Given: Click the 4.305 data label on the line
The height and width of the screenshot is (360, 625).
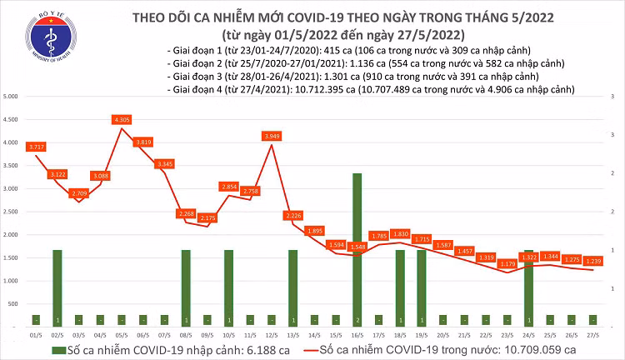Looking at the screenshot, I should tap(122, 119).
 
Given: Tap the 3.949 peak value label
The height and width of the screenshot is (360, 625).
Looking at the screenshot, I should tap(272, 135).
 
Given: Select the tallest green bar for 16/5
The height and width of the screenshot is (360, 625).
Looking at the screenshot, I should tap(357, 248).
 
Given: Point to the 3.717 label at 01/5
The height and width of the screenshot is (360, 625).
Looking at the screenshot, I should tap(36, 147).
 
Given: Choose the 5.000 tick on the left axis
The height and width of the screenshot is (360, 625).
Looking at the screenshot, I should tap(12, 97).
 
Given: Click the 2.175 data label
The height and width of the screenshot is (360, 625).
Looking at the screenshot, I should tap(207, 217).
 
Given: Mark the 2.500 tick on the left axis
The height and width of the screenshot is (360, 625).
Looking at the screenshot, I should tap(12, 212).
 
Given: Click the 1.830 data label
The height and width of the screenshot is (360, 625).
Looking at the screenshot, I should tap(401, 233).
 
